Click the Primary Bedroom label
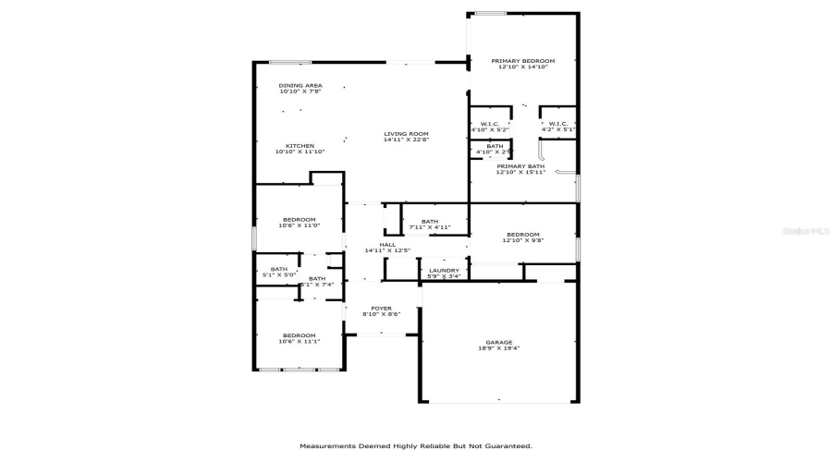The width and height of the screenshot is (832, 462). click(x=523, y=61)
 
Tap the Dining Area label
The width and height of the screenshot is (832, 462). click(x=300, y=85)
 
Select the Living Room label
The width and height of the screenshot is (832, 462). click(x=406, y=134)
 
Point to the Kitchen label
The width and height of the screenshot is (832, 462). click(x=300, y=146)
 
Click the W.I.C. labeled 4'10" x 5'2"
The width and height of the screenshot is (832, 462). click(x=489, y=125)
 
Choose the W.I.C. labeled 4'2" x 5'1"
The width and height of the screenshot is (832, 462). click(x=558, y=125)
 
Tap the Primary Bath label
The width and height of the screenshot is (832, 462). click(x=520, y=166)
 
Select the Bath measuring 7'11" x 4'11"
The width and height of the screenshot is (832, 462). click(x=429, y=222)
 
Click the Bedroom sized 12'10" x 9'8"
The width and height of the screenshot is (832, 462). click(x=523, y=235)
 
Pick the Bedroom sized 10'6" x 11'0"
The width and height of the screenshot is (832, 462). click(x=300, y=220)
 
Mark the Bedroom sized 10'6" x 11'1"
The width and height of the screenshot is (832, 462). click(x=300, y=335)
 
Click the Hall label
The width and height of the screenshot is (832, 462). click(x=387, y=245)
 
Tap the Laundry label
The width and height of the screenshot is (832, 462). click(x=445, y=271)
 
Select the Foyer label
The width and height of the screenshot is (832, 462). click(x=381, y=309)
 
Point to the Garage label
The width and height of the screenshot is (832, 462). click(x=499, y=342)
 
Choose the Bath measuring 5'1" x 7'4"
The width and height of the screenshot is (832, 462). click(x=317, y=279)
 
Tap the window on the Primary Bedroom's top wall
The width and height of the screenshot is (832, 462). click(x=490, y=13)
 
